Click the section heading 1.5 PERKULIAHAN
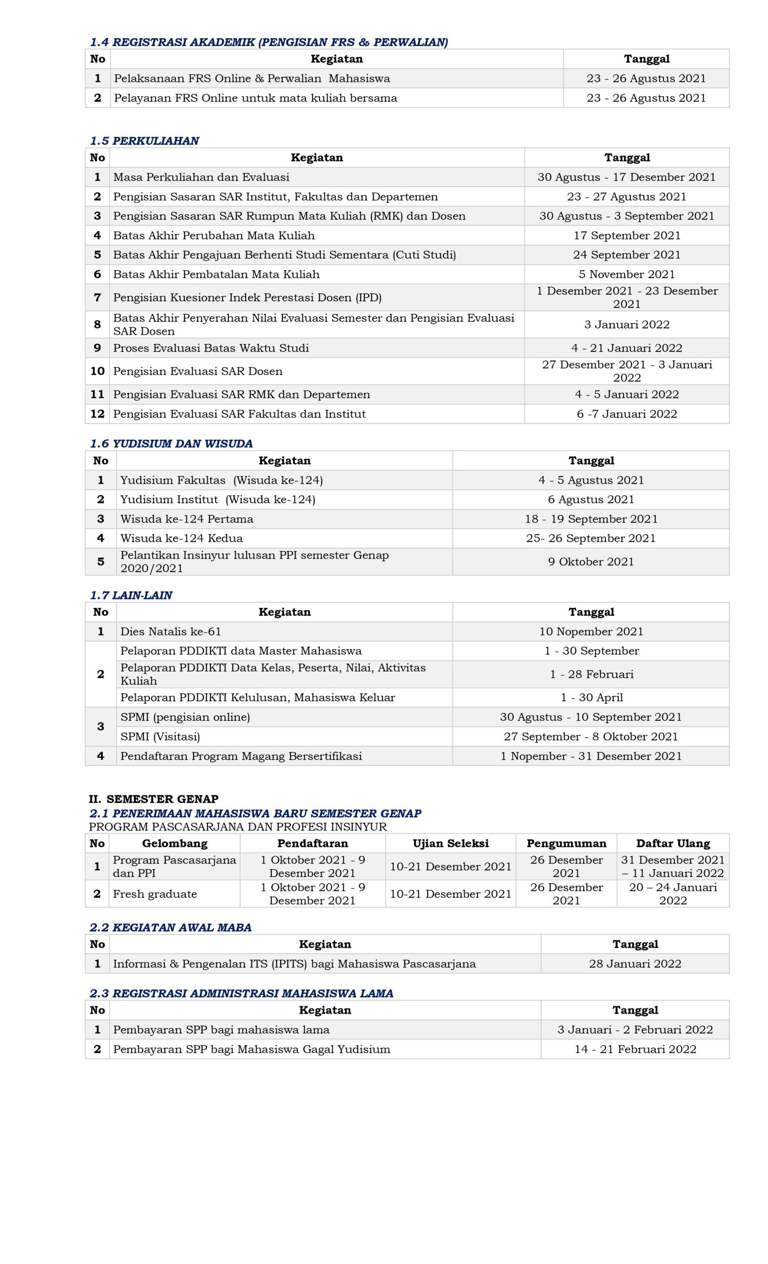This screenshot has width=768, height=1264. (144, 141)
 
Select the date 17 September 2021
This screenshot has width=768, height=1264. (626, 236)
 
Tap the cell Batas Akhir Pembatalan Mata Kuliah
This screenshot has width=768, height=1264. (216, 275)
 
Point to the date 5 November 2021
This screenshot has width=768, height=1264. (626, 275)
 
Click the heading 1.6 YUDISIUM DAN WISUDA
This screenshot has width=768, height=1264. (171, 443)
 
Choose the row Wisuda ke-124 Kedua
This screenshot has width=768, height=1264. (181, 538)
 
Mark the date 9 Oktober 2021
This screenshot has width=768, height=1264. (591, 561)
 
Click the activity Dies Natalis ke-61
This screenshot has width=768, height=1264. (171, 632)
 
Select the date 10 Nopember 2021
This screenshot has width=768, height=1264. (591, 632)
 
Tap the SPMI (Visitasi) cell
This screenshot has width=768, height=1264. (160, 737)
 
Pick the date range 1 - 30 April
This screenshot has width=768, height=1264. (592, 698)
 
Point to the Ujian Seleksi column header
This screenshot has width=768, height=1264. (450, 843)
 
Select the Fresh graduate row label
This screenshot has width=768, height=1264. (155, 894)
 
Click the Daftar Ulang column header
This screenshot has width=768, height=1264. (673, 843)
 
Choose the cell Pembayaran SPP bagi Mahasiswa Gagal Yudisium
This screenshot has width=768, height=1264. (252, 1049)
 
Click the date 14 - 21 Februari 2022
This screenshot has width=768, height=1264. (635, 1049)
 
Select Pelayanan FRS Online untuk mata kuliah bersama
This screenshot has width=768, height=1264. (255, 98)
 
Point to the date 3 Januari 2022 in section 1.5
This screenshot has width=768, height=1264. (626, 324)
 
